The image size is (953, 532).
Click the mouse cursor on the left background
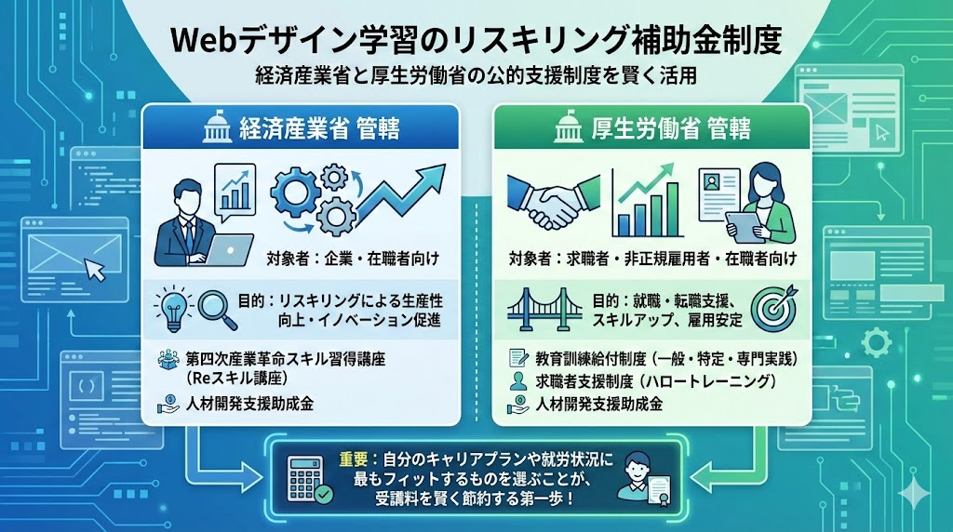point(95,270)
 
